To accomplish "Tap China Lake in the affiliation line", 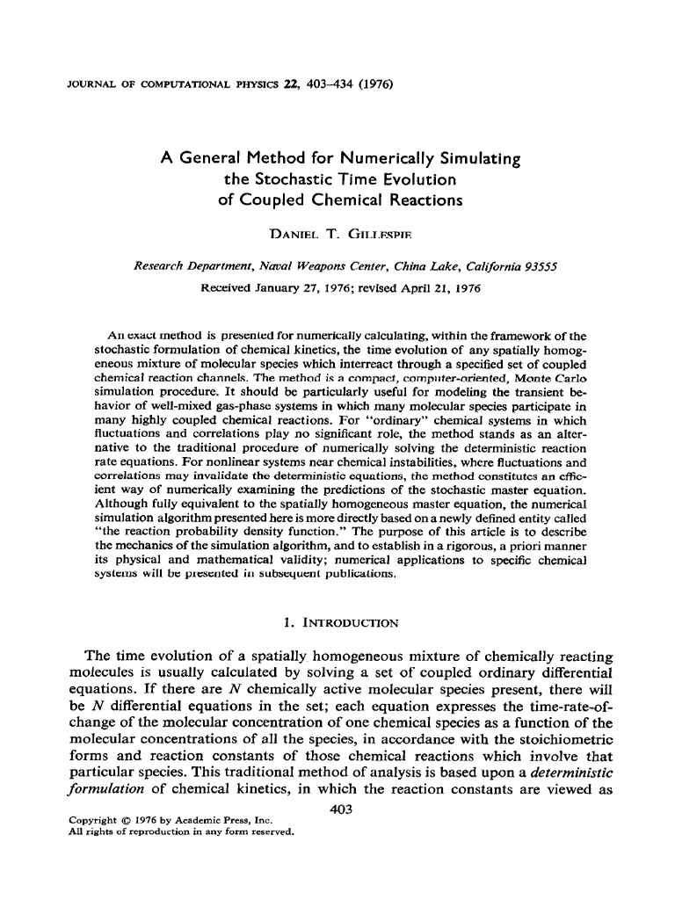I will point(417,265).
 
